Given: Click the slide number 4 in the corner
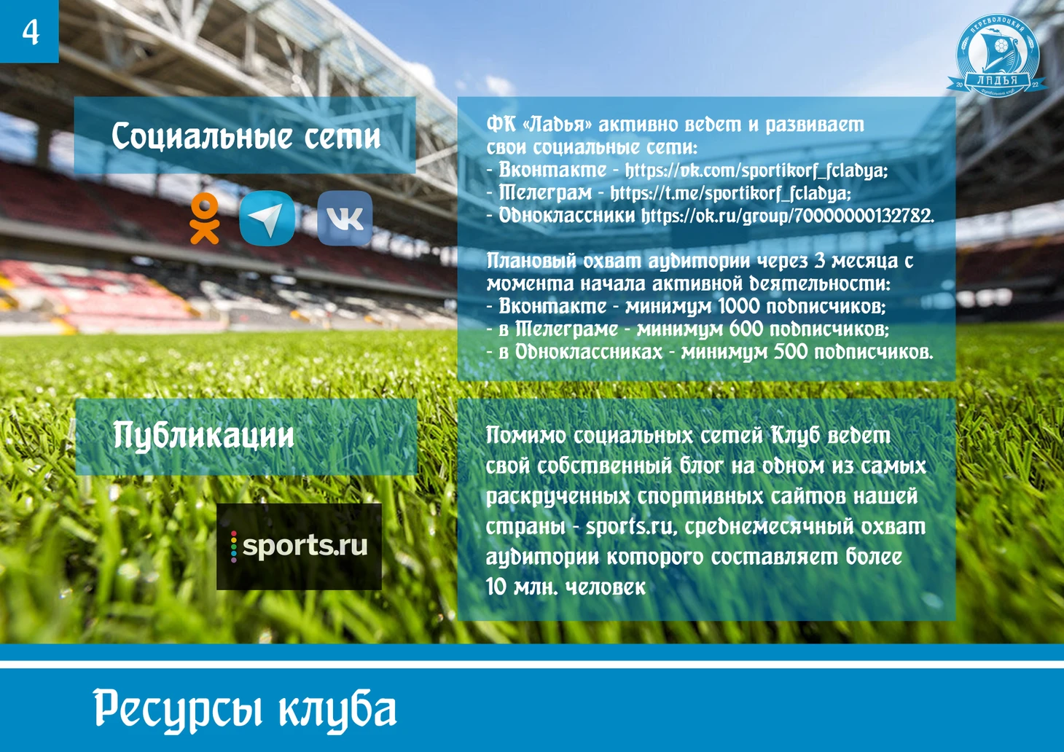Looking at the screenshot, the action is coord(31,33).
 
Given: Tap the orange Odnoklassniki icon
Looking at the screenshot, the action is coord(205,219).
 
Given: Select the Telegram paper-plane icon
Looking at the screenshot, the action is coord(267,218).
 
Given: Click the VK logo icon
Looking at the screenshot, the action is coord(345,219).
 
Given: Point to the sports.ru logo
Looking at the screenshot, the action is coord(299,547).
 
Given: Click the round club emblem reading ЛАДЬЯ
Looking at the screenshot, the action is coord(996,55).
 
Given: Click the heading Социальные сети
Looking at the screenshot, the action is coord(246,136).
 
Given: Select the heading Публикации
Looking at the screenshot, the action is coord(203,436).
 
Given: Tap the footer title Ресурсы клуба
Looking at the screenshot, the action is coord(245,710).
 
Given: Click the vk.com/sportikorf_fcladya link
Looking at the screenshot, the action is coord(756,171).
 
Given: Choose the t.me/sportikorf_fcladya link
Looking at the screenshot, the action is coord(730,193).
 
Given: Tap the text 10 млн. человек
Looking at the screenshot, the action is coord(566,587).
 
